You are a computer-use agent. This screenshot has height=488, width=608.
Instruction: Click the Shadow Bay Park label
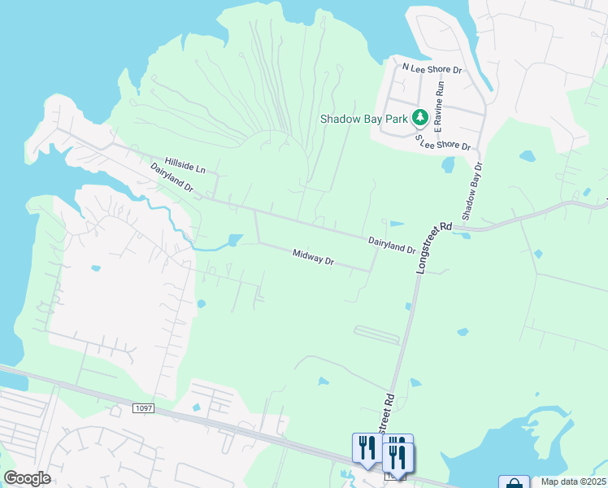[x=363, y=119]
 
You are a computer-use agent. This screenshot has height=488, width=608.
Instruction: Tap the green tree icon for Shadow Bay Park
[x=420, y=118]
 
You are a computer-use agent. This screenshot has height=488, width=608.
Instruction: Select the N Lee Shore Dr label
[x=432, y=68]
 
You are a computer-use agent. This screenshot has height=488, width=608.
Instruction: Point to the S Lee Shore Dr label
[x=443, y=143]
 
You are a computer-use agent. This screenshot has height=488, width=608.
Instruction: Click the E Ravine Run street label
[x=440, y=106]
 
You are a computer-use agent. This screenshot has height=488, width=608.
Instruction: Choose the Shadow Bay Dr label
[x=471, y=191]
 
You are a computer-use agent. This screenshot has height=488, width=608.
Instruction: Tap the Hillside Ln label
[x=185, y=165]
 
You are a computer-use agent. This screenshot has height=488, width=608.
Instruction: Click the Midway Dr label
[x=313, y=258]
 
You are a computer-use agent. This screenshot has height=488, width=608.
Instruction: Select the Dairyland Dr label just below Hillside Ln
[x=172, y=176]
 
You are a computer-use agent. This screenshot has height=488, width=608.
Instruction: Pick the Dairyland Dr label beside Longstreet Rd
[x=392, y=245]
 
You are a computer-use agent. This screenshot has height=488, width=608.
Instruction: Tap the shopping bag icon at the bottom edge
[x=514, y=482]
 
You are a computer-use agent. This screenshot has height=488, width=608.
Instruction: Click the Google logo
[x=27, y=478]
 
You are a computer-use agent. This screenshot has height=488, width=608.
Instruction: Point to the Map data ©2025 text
[x=573, y=481]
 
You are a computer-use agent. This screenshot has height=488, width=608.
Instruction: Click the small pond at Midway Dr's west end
[x=235, y=240]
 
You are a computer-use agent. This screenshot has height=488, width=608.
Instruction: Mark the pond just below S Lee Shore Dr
[x=448, y=165]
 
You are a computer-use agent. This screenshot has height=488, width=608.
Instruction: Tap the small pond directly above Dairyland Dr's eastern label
[x=396, y=224]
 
